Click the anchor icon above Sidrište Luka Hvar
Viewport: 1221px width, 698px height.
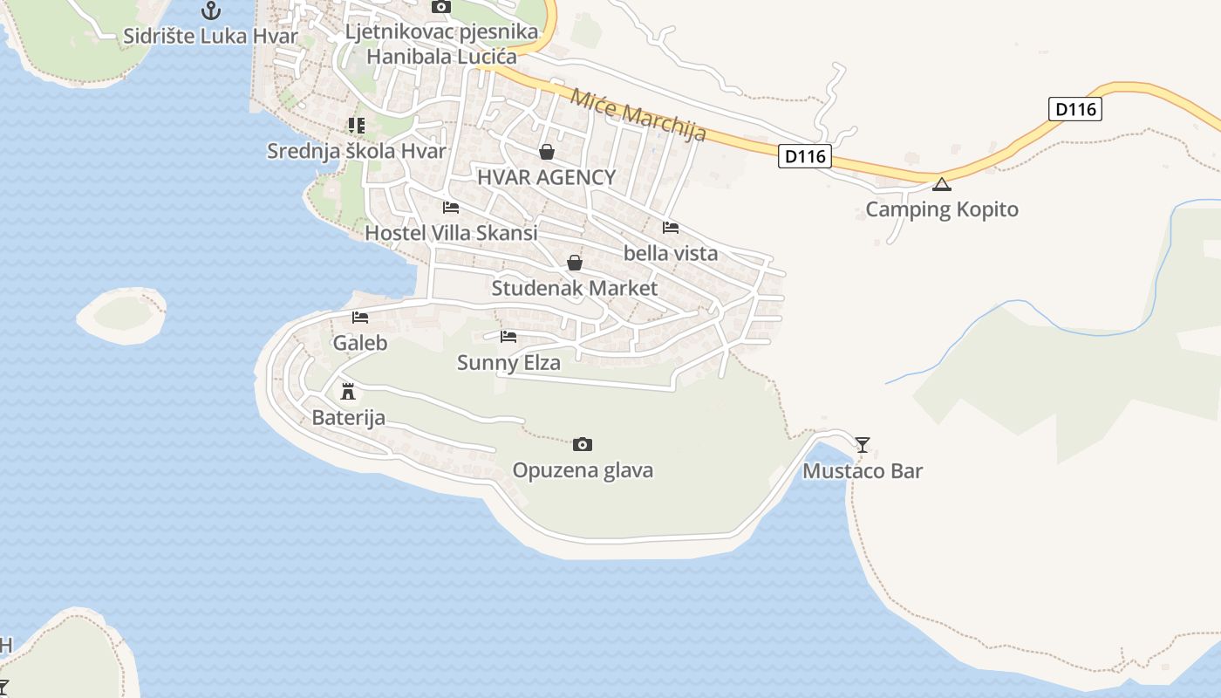[210, 10]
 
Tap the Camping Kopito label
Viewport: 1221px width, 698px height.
[941, 209]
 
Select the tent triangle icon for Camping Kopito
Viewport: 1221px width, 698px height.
[941, 184]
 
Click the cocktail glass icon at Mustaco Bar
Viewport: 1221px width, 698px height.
[863, 445]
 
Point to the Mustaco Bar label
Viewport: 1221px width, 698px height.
[863, 471]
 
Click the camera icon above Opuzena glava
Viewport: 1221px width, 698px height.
[583, 445]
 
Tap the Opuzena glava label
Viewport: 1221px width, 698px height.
[583, 470]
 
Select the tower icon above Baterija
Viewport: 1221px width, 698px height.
[348, 391]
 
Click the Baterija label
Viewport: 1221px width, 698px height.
[348, 418]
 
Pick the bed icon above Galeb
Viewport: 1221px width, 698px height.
[360, 318]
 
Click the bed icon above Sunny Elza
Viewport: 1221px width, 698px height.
[508, 337]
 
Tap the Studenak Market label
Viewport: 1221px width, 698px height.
[575, 288]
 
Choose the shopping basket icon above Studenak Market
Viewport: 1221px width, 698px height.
[575, 263]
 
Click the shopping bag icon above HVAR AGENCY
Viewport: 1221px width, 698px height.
[547, 153]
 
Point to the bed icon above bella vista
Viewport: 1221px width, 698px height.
[671, 228]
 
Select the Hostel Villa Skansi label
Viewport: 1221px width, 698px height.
[451, 233]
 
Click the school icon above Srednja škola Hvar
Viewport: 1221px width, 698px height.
[356, 126]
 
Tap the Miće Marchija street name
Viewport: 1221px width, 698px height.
[638, 113]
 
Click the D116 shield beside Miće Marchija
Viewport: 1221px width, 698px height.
[804, 157]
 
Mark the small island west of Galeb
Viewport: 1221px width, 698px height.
[122, 315]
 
